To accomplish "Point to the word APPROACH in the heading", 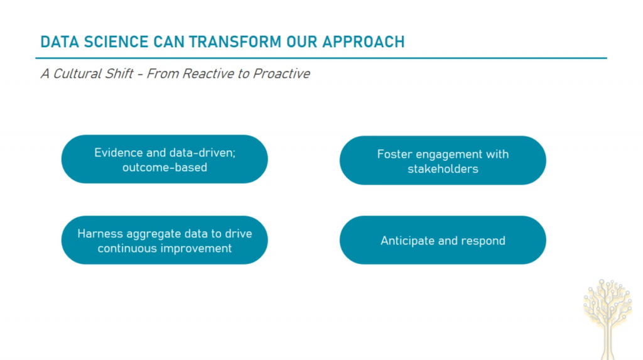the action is point(364,42).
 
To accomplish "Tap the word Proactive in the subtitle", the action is point(281,74).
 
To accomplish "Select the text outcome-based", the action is point(165,168).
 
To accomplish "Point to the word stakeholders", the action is point(443,169).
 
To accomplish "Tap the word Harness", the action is point(100,234).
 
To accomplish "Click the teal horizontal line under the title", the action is point(321,58).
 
